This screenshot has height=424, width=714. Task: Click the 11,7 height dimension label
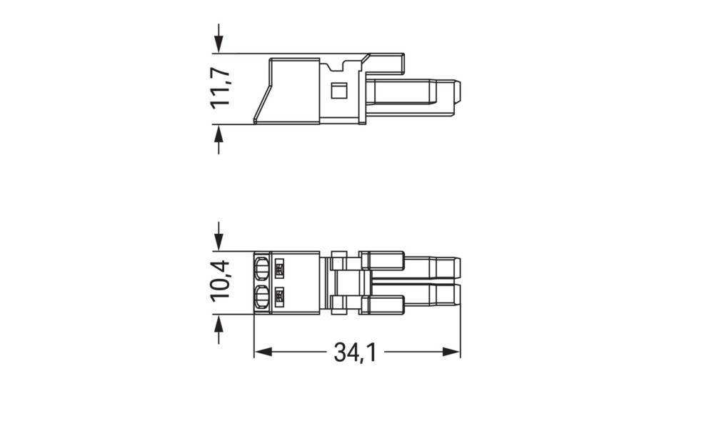point(221,89)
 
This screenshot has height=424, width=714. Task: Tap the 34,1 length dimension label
point(356,352)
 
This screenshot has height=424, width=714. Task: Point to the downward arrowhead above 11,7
point(218,44)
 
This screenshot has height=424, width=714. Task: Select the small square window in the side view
point(339,90)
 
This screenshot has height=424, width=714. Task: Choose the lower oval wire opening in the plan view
point(262,296)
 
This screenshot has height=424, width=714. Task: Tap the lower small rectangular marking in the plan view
point(280,295)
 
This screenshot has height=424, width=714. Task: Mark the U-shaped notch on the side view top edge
point(348,67)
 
